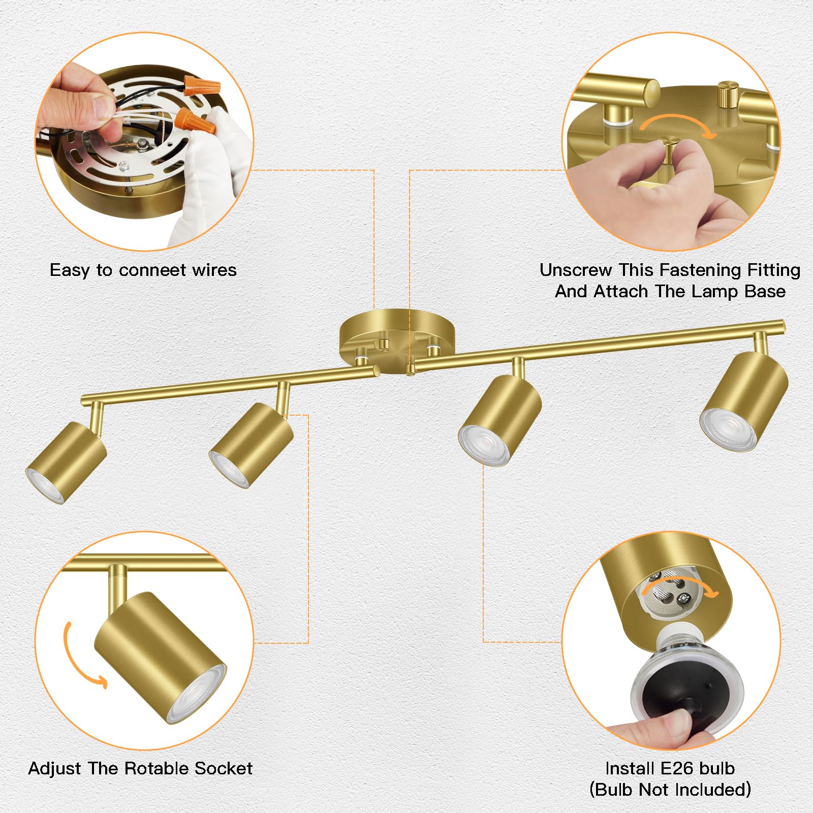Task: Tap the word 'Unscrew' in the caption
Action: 575,270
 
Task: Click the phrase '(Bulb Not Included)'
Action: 670,790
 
